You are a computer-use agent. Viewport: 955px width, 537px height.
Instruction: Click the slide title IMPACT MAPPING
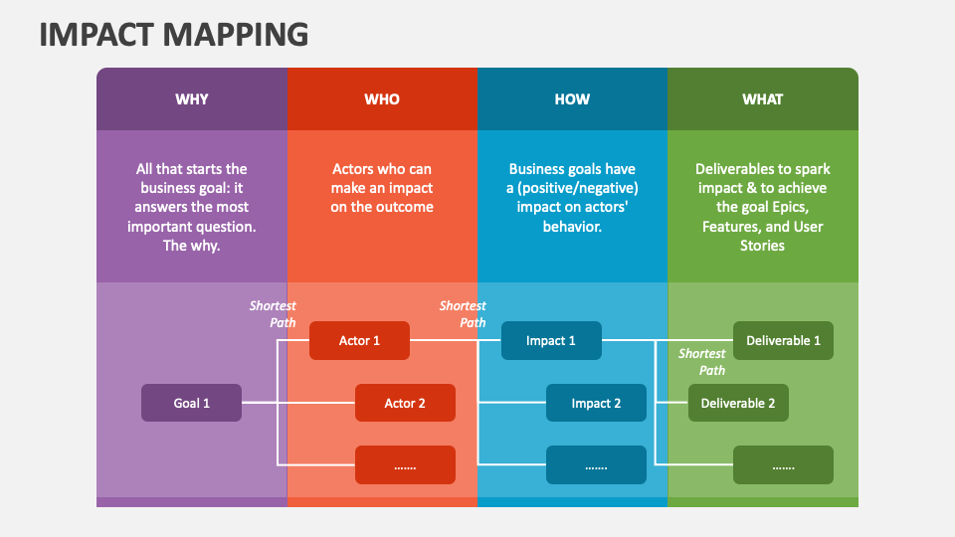174,34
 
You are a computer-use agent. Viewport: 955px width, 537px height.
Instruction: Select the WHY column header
192,99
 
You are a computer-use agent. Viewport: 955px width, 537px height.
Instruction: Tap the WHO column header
382,99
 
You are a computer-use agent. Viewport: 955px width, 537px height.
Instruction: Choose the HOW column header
572,99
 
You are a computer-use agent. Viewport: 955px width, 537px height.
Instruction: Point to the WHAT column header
763,99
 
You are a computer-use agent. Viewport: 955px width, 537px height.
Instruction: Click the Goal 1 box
191,403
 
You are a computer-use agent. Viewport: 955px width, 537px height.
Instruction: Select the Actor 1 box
359,340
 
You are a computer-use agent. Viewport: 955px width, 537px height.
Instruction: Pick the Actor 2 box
405,403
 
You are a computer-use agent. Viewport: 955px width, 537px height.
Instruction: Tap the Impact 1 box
551,340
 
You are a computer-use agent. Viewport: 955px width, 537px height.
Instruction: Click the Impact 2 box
596,403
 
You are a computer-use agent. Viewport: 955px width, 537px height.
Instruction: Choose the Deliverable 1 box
783,340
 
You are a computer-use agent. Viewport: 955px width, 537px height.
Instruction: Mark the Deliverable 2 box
738,403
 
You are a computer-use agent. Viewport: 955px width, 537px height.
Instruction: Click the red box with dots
405,465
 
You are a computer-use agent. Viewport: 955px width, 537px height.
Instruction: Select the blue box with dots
596,465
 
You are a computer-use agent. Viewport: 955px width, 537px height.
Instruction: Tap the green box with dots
783,465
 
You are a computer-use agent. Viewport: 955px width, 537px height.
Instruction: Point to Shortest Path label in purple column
273,314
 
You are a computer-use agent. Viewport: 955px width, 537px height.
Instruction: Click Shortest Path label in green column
702,362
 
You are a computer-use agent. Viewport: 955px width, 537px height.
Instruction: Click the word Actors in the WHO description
353,169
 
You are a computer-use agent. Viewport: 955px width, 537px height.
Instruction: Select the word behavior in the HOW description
571,226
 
